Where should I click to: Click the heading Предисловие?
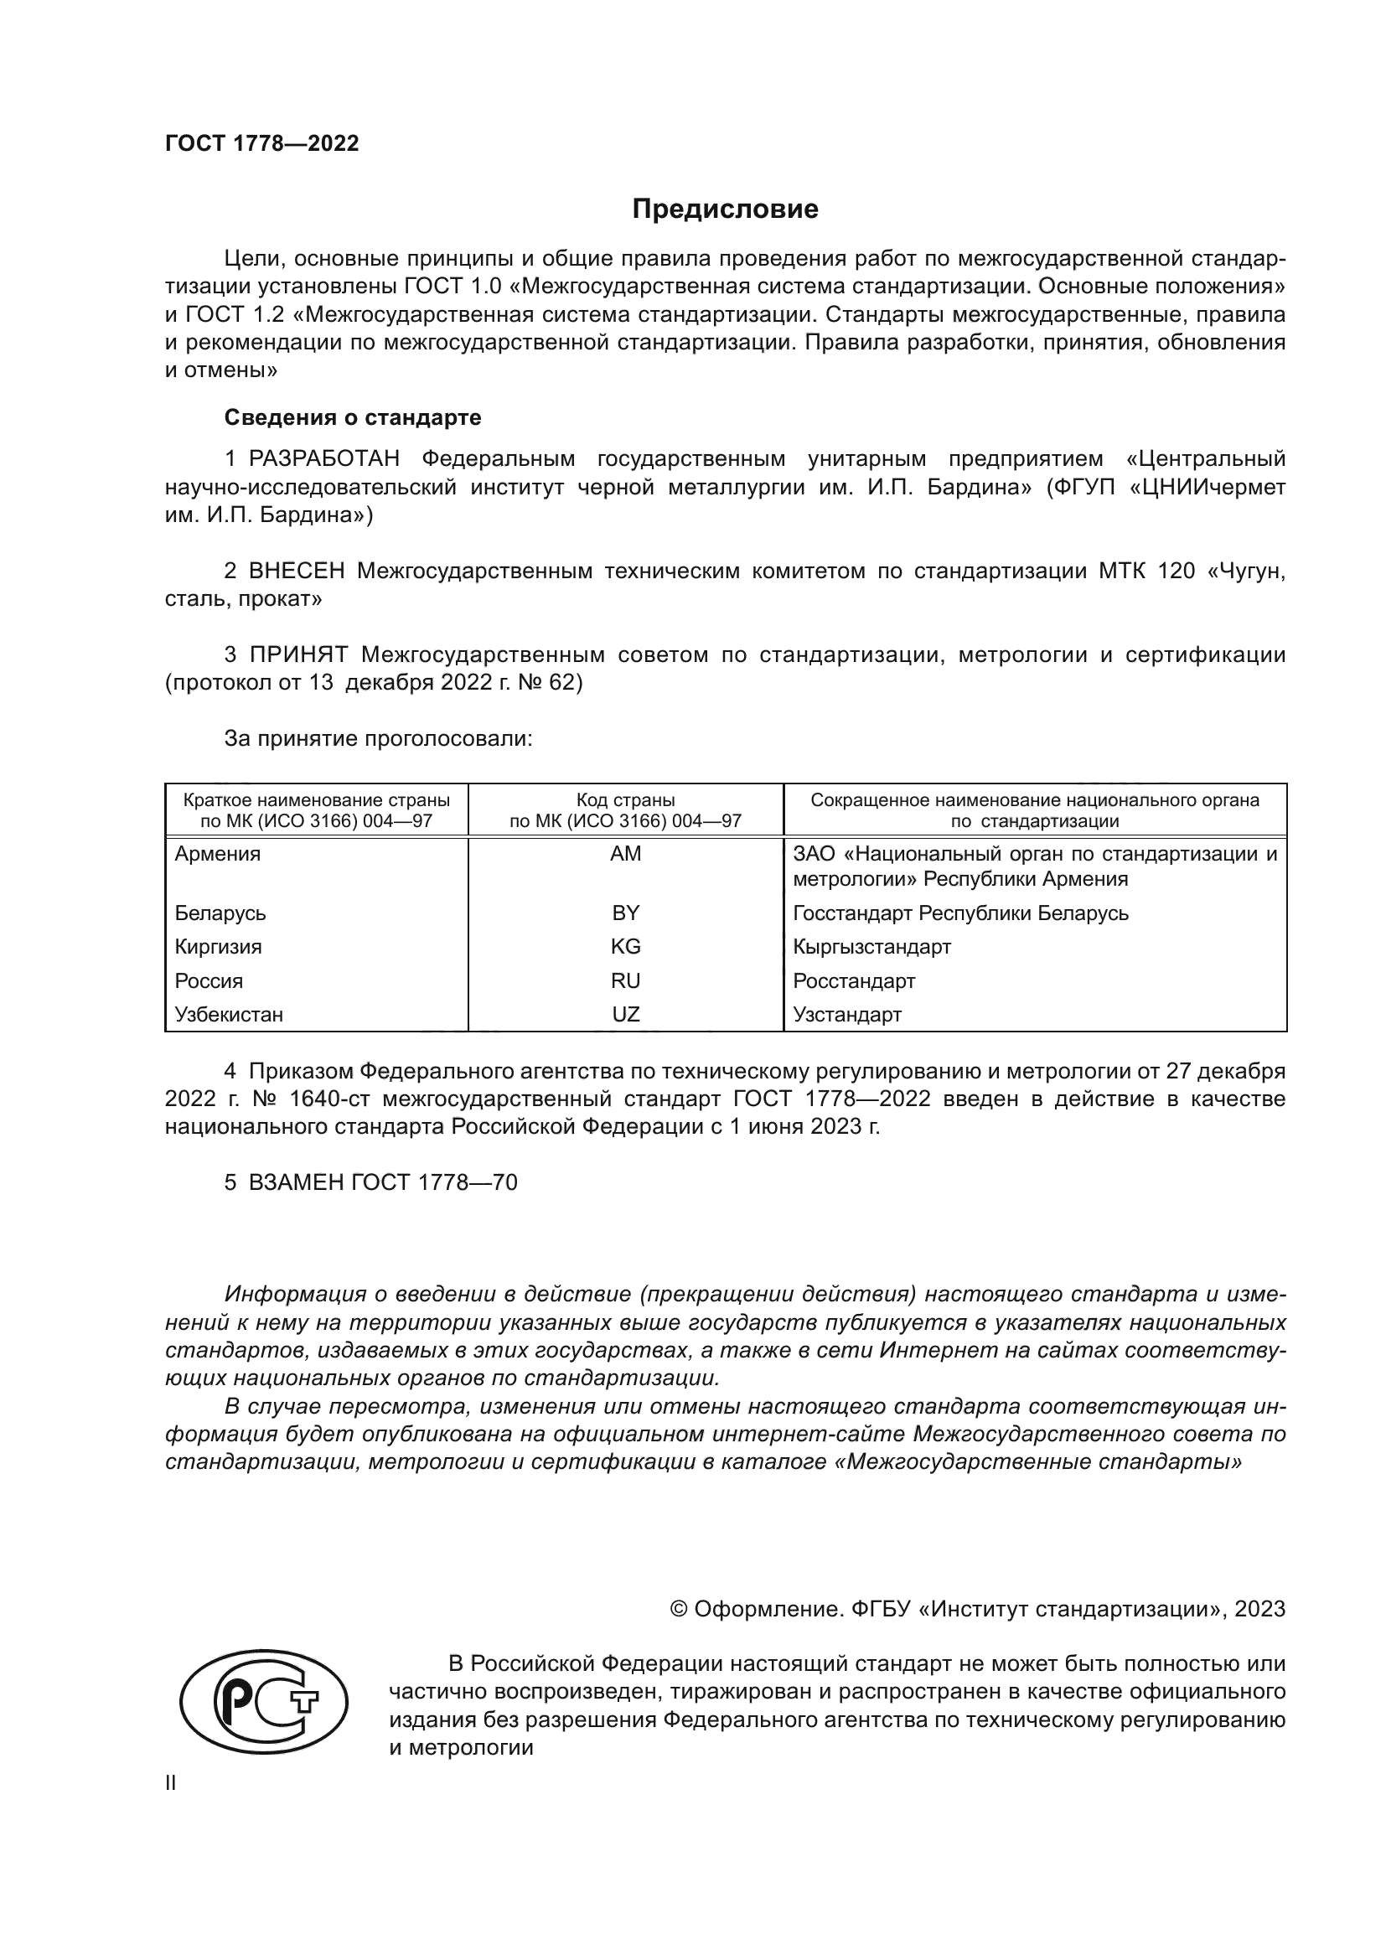[725, 209]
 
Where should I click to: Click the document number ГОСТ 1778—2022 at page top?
[262, 143]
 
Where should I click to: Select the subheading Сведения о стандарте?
[353, 417]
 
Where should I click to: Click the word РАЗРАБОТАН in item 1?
[324, 459]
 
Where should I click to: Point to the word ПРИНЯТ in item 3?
[298, 654]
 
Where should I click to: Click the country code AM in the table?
[625, 854]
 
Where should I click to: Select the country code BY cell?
[625, 913]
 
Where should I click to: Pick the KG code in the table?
[625, 947]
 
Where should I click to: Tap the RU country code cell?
[625, 981]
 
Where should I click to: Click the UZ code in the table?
[625, 1014]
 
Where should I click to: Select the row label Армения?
[218, 854]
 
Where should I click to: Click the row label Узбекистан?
[229, 1014]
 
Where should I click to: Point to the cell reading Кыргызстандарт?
[871, 947]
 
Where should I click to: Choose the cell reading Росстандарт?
[853, 981]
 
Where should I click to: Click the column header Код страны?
[625, 801]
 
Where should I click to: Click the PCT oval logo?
[264, 1701]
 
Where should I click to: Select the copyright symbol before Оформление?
[679, 1609]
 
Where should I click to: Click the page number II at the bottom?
[171, 1782]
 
